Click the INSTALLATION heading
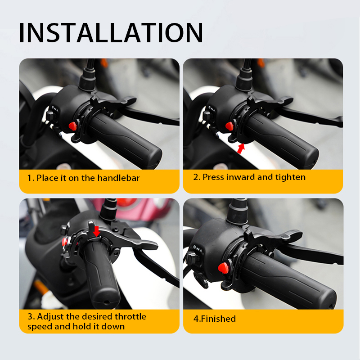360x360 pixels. [111, 33]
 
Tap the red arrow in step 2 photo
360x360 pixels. [241, 148]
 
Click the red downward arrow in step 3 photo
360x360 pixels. [97, 231]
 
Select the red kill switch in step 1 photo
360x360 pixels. [72, 126]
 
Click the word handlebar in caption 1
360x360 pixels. [118, 178]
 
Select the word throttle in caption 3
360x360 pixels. [130, 316]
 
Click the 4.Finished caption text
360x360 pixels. [215, 319]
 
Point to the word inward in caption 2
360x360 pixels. [241, 177]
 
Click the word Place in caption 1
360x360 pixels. [47, 178]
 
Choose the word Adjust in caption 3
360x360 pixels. [50, 317]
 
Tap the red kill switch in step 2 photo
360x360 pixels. [229, 126]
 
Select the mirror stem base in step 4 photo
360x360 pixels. [238, 214]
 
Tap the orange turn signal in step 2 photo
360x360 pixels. [261, 63]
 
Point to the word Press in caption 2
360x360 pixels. [213, 177]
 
